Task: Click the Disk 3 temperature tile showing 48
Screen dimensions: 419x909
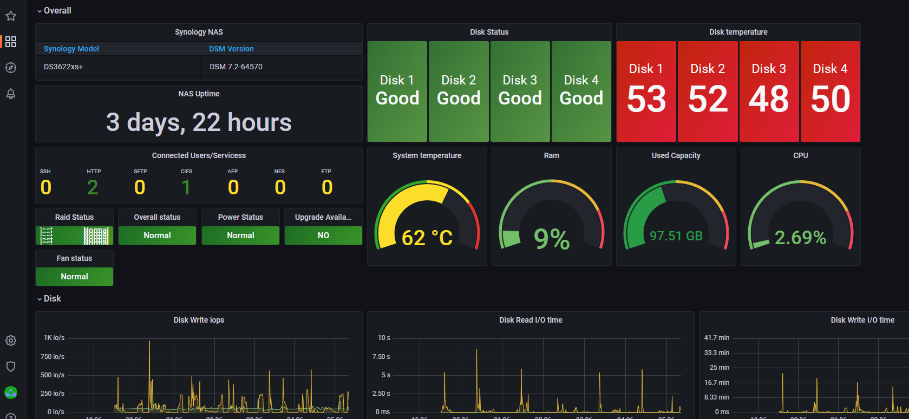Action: tap(769, 91)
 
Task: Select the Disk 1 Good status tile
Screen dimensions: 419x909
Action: tap(397, 91)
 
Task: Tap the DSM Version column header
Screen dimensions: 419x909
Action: tap(231, 49)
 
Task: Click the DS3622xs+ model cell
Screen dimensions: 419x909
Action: tap(63, 67)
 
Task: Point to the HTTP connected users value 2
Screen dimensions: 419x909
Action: tap(93, 187)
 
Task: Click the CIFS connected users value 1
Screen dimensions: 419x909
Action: tap(186, 187)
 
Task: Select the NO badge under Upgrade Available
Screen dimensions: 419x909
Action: tap(323, 235)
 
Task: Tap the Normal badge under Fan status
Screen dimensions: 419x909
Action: tap(74, 277)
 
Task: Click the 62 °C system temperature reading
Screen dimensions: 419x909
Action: tap(427, 238)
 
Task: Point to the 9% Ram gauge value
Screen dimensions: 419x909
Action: tap(551, 238)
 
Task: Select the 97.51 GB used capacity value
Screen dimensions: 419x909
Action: tap(676, 236)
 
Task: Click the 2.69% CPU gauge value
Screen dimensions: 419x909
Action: tap(800, 237)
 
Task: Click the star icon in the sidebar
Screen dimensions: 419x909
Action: tap(11, 16)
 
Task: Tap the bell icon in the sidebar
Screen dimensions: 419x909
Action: tap(11, 94)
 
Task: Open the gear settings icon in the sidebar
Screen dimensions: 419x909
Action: tap(11, 341)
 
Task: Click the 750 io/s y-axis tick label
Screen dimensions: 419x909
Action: tap(53, 356)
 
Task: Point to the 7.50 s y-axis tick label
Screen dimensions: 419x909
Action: tap(381, 356)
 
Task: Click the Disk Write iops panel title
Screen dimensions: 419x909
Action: tap(199, 320)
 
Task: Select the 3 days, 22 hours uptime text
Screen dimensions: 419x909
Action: tap(199, 122)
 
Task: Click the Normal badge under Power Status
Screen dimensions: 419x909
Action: tap(240, 235)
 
